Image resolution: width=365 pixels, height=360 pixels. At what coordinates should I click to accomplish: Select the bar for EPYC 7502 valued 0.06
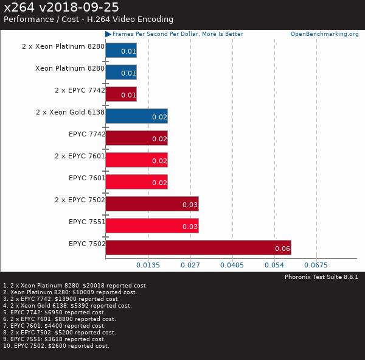(198, 247)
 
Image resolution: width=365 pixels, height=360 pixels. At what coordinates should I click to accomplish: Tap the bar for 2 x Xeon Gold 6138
(136, 116)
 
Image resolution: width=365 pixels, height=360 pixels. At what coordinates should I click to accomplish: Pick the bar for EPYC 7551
(151, 225)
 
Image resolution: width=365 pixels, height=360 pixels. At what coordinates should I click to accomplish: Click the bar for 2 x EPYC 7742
(120, 94)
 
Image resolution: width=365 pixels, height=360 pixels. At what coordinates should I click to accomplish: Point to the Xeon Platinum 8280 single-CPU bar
(120, 72)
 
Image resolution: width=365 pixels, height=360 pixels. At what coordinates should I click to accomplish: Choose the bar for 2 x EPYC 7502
(151, 203)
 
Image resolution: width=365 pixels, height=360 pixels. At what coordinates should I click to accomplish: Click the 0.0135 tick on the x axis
(148, 265)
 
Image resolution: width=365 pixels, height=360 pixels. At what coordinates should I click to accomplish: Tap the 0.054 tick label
(274, 265)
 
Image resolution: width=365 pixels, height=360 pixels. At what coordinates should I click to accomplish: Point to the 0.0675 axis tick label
(316, 265)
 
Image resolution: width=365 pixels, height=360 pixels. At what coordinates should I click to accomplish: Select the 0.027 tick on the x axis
(190, 265)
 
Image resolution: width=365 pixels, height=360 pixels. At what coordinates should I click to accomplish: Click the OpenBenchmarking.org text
(324, 34)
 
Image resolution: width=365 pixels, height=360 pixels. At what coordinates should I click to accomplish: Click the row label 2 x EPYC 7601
(80, 156)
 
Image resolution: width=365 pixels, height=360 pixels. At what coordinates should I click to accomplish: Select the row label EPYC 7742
(87, 134)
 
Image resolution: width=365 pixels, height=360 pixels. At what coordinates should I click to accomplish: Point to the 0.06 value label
(282, 249)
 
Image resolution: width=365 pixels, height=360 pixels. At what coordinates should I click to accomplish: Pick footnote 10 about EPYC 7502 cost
(56, 346)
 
